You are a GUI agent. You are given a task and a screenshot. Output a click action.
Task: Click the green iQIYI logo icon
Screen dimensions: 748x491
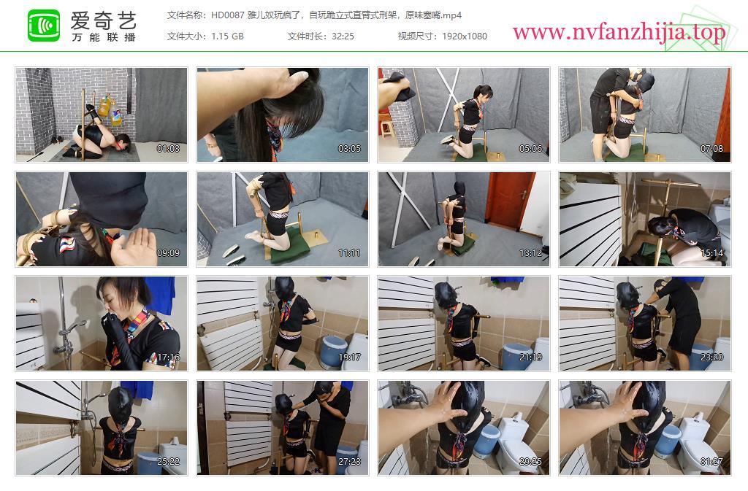coord(44,26)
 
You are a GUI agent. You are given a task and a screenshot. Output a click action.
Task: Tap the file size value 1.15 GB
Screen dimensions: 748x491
coord(228,36)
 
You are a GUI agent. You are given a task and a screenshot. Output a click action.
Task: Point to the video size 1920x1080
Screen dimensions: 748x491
coord(464,36)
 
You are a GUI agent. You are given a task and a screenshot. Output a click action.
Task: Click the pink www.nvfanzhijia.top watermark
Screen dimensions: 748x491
coord(619,32)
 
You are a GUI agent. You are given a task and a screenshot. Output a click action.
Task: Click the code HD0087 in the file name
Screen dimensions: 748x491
coord(228,15)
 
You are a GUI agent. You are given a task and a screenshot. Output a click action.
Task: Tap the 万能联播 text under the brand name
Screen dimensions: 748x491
coord(104,37)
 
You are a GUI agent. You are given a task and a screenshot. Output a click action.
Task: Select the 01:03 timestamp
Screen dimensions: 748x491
coord(169,149)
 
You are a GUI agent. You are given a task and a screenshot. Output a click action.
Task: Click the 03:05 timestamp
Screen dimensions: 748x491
coord(349,149)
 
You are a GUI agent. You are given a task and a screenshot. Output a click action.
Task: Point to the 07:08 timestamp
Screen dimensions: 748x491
coord(711,149)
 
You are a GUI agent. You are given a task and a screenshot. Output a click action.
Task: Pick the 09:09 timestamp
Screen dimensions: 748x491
coord(169,253)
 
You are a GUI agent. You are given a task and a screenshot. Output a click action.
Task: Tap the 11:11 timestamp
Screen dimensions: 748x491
coord(349,253)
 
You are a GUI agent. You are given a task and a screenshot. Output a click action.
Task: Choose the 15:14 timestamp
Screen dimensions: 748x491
coord(711,253)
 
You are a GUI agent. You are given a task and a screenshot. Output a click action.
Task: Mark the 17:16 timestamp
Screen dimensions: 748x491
coord(169,357)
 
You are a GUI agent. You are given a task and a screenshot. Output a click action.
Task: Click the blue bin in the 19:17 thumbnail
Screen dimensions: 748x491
coord(333,352)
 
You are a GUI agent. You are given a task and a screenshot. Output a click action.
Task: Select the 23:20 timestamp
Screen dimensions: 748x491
coord(711,357)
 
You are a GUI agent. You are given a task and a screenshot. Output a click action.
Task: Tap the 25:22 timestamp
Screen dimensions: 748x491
coord(169,462)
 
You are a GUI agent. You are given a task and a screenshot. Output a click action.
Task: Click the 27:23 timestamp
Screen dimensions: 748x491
coord(349,462)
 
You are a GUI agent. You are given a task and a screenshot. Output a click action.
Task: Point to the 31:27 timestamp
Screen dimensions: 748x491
coord(711,462)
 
